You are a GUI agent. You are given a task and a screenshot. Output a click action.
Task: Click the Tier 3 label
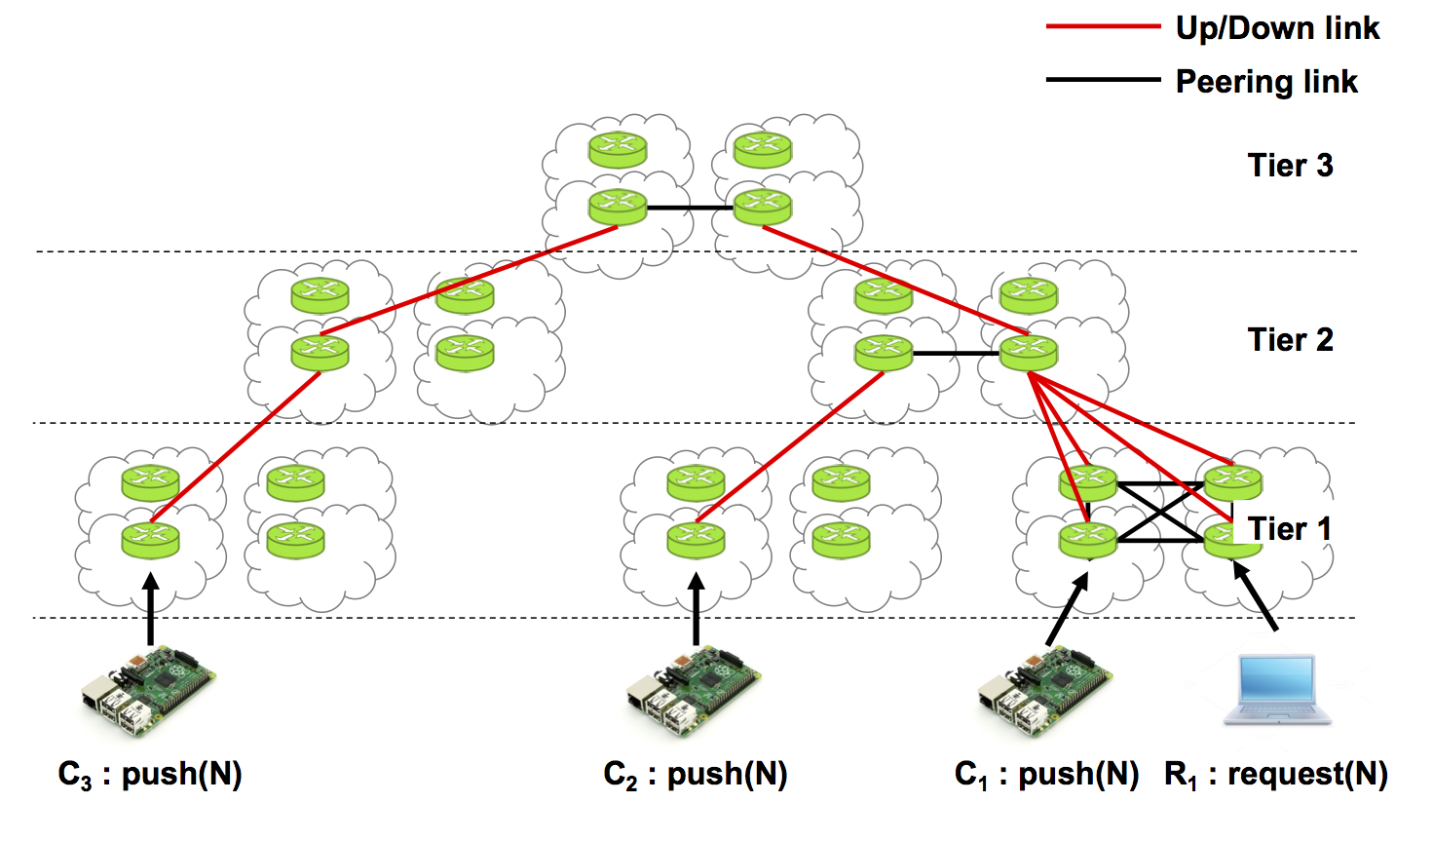pos(1290,166)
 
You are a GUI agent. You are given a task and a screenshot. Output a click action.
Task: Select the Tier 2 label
pos(1290,340)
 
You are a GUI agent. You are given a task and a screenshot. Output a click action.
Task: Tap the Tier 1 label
pos(1289,529)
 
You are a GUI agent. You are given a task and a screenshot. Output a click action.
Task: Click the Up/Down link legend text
pos(1277,28)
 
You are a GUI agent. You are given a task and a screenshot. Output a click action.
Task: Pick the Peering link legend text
pos(1266,82)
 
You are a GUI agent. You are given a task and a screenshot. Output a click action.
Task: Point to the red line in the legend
pos(1103,27)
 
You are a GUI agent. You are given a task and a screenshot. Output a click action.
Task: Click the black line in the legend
pos(1103,80)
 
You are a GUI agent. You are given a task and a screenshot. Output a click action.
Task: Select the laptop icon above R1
pos(1277,690)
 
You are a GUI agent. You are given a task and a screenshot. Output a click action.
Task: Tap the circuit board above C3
pos(148,689)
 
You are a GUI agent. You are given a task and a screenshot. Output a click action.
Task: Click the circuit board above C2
pos(694,689)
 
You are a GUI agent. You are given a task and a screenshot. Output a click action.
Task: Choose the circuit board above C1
pos(1045,689)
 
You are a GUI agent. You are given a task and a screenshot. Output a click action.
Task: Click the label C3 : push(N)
pos(150,775)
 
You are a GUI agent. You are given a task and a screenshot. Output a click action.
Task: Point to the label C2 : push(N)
pos(696,775)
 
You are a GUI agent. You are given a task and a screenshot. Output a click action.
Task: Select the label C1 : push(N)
pos(1046,775)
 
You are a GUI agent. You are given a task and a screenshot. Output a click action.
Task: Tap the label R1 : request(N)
pos(1275,775)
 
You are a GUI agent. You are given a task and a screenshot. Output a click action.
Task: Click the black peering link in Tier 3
pos(690,208)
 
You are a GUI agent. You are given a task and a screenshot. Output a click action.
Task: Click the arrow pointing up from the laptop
pos(1256,595)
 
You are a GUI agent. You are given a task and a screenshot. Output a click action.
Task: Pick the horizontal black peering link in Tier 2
pos(957,353)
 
